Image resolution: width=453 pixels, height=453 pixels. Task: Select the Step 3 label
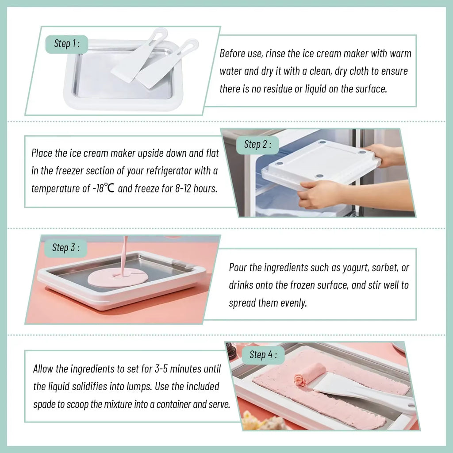pos(66,247)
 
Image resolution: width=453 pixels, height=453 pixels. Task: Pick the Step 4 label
pos(263,354)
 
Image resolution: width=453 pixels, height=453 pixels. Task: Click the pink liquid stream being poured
pos(125,252)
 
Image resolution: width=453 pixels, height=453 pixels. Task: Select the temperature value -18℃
pos(104,188)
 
